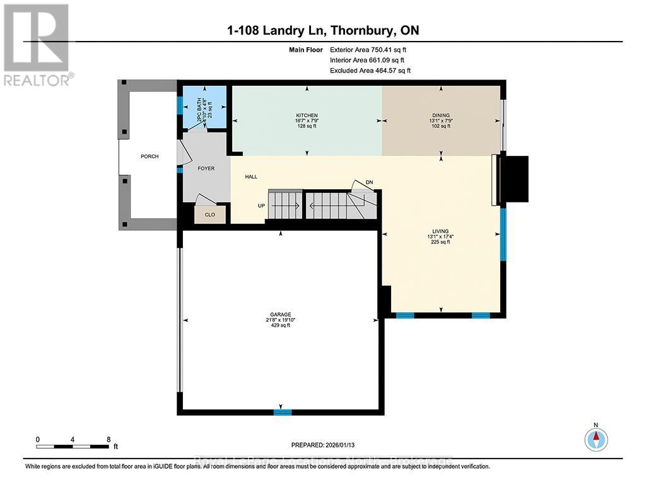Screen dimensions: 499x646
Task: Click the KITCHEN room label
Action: coord(307,115)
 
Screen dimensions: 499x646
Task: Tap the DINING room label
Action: coord(441,115)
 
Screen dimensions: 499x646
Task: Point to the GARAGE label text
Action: coord(281,315)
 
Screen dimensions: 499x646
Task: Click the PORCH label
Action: coord(150,156)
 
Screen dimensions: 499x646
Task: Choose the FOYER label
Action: coord(206,168)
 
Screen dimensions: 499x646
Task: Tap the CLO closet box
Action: coord(210,214)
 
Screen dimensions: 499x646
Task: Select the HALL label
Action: coord(251,177)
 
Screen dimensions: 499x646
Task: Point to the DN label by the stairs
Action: coord(370,182)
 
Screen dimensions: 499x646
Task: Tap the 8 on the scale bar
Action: coord(109,439)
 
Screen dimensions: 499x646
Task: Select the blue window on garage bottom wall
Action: coord(282,412)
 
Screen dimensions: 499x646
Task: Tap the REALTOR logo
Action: coord(37,44)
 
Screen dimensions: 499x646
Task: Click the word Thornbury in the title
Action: coord(363,30)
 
